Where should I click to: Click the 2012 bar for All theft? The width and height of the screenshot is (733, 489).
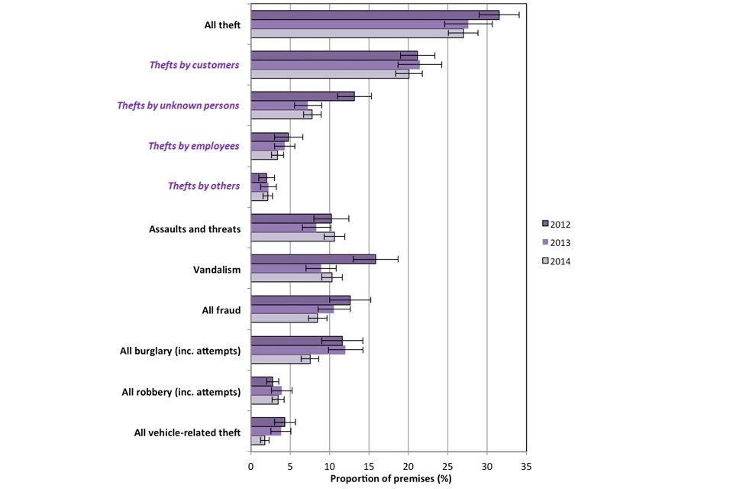374,15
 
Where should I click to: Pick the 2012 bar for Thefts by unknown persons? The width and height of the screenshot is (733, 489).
302,96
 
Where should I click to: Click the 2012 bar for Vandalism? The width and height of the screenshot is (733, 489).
313,259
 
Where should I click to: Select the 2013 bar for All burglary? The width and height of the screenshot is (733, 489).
298,350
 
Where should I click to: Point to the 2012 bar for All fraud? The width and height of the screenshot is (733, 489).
300,300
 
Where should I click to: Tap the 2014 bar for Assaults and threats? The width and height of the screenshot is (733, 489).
292,237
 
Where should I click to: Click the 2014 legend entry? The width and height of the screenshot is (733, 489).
556,261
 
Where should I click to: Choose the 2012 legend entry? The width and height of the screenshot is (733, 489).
556,224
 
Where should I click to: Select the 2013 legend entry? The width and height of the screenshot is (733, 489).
556,242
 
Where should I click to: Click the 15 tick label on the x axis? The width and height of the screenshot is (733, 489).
369,465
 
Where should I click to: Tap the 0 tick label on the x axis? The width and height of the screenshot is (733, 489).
251,465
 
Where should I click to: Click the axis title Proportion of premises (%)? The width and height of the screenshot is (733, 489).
390,479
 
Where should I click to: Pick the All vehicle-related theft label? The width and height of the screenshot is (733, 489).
187,433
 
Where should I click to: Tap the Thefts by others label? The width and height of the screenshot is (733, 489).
203,186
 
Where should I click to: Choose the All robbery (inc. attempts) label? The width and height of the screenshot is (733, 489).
181,392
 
